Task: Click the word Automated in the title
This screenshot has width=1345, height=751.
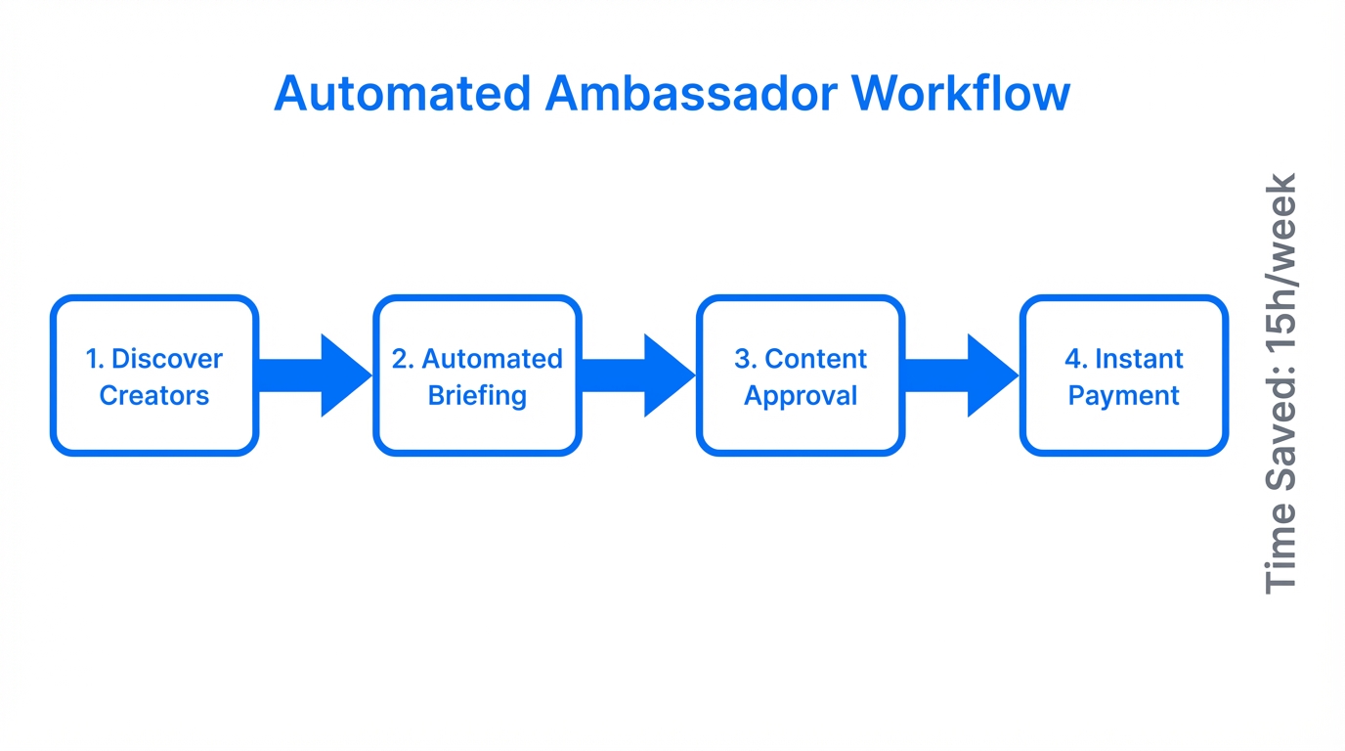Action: [x=403, y=94]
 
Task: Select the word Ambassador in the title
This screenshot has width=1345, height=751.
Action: [x=691, y=94]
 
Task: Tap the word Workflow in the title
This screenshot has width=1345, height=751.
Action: [x=960, y=94]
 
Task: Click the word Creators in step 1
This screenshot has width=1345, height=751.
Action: [x=154, y=396]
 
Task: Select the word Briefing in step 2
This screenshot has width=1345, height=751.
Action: [x=477, y=396]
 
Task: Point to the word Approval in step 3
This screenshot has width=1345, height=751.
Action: [x=801, y=396]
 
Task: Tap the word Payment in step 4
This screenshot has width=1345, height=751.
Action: [x=1123, y=396]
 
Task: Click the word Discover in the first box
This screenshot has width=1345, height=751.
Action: [x=167, y=359]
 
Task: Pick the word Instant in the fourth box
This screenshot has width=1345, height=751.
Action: [x=1139, y=359]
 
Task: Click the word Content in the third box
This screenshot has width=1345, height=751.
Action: [x=815, y=359]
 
